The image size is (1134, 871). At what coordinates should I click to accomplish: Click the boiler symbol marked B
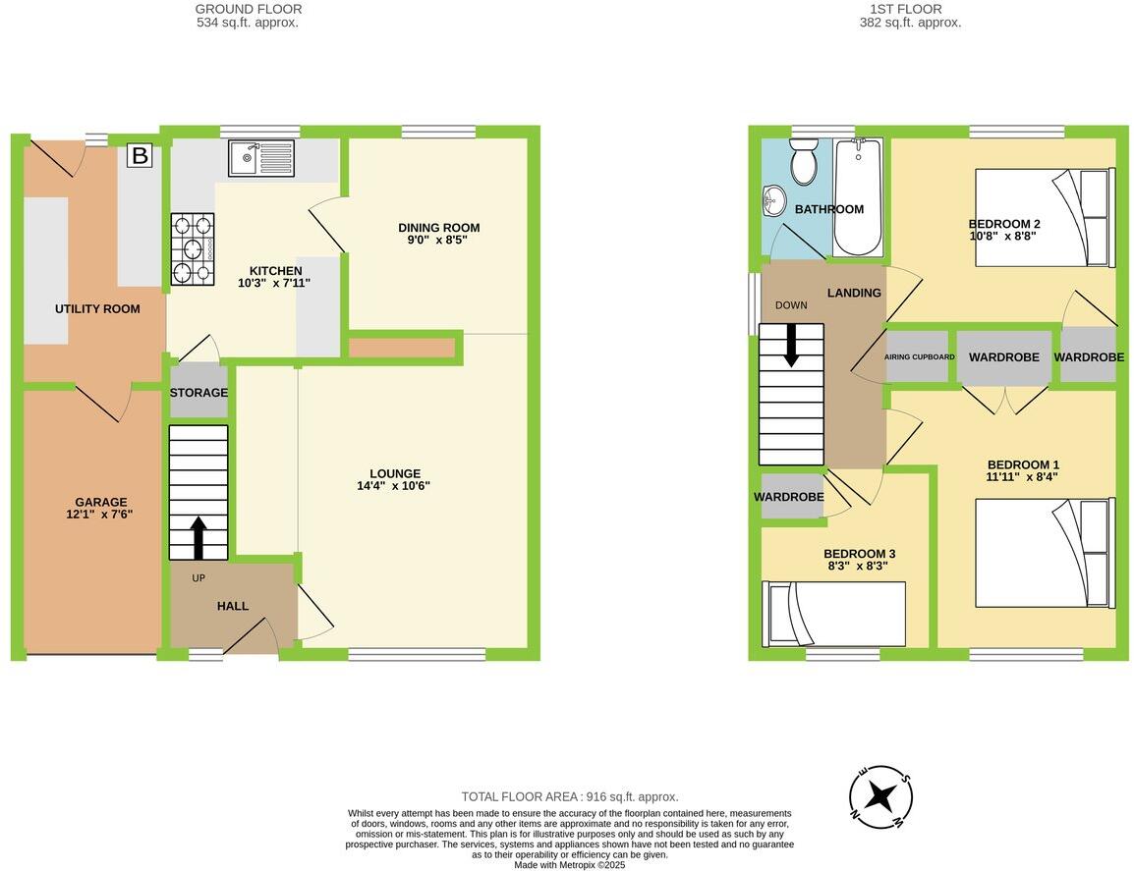tap(140, 155)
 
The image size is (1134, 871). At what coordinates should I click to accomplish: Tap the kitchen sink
tap(260, 158)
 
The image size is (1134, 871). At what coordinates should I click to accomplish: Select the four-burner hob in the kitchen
tap(193, 249)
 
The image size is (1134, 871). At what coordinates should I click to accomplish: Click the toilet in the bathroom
tap(804, 164)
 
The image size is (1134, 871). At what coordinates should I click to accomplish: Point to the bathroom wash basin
tap(774, 201)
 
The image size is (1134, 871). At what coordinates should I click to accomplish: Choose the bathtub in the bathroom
tap(858, 196)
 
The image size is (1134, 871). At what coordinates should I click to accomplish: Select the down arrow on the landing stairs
tap(791, 346)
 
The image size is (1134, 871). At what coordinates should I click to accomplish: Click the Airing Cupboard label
tap(920, 356)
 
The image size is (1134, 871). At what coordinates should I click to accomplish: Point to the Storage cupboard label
tap(198, 393)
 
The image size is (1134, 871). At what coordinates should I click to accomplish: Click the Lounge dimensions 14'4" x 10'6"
tap(394, 485)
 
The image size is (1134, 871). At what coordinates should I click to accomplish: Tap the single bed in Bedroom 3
tap(835, 614)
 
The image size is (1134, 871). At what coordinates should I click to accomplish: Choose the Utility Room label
tap(97, 308)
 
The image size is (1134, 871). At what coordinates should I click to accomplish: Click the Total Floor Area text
tap(570, 797)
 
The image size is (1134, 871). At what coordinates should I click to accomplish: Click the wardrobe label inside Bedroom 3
tap(788, 497)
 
